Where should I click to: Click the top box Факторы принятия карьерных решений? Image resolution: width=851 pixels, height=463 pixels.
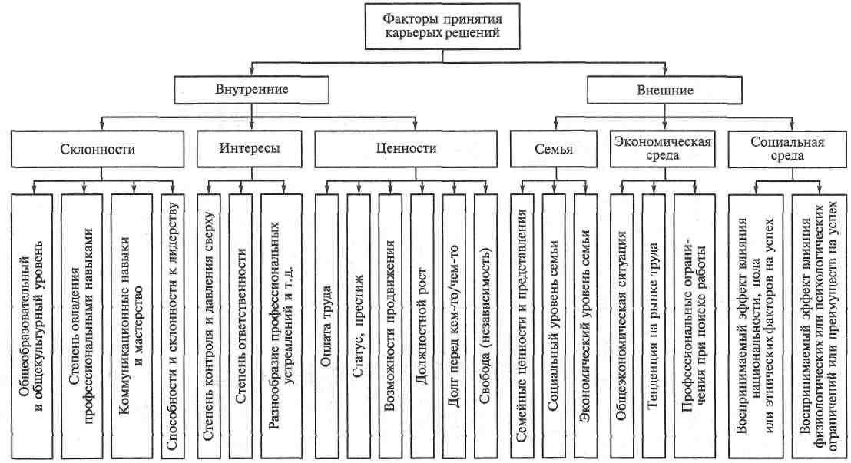click(442, 26)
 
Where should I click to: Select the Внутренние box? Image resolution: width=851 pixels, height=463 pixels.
click(251, 90)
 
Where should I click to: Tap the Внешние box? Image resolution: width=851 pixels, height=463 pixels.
click(664, 90)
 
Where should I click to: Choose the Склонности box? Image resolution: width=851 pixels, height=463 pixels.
click(98, 149)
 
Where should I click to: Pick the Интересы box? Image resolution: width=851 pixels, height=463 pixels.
click(250, 149)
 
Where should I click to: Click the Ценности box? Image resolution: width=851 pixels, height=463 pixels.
click(406, 149)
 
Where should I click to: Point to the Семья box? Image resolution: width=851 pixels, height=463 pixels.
click(554, 149)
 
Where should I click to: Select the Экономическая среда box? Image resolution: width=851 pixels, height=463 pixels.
click(662, 149)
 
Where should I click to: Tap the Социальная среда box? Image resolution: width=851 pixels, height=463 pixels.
click(787, 149)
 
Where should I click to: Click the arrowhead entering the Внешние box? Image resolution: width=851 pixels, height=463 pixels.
click(665, 72)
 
